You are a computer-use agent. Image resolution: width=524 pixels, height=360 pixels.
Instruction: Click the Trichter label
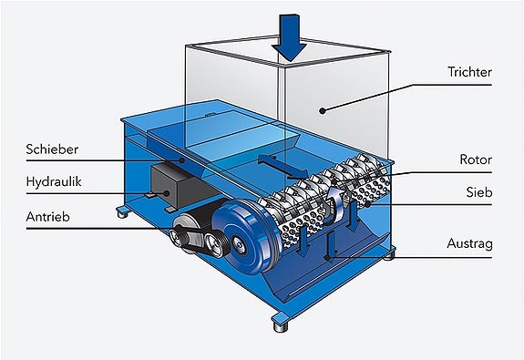coord(469,72)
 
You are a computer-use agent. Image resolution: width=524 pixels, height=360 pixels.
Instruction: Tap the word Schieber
coord(52,149)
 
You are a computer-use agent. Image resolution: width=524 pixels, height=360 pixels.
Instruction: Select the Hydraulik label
coord(54,181)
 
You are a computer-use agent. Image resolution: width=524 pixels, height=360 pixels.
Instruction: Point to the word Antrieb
coord(47,217)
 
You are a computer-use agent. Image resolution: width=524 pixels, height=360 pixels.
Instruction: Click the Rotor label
coord(476,159)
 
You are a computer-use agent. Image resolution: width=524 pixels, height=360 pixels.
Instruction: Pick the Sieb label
coord(478,192)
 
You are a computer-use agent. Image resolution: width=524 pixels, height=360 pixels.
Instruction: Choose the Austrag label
coord(469,243)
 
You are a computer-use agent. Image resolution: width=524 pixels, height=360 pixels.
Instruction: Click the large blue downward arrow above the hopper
coord(290,37)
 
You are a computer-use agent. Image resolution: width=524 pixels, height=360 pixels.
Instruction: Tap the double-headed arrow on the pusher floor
coord(283,167)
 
